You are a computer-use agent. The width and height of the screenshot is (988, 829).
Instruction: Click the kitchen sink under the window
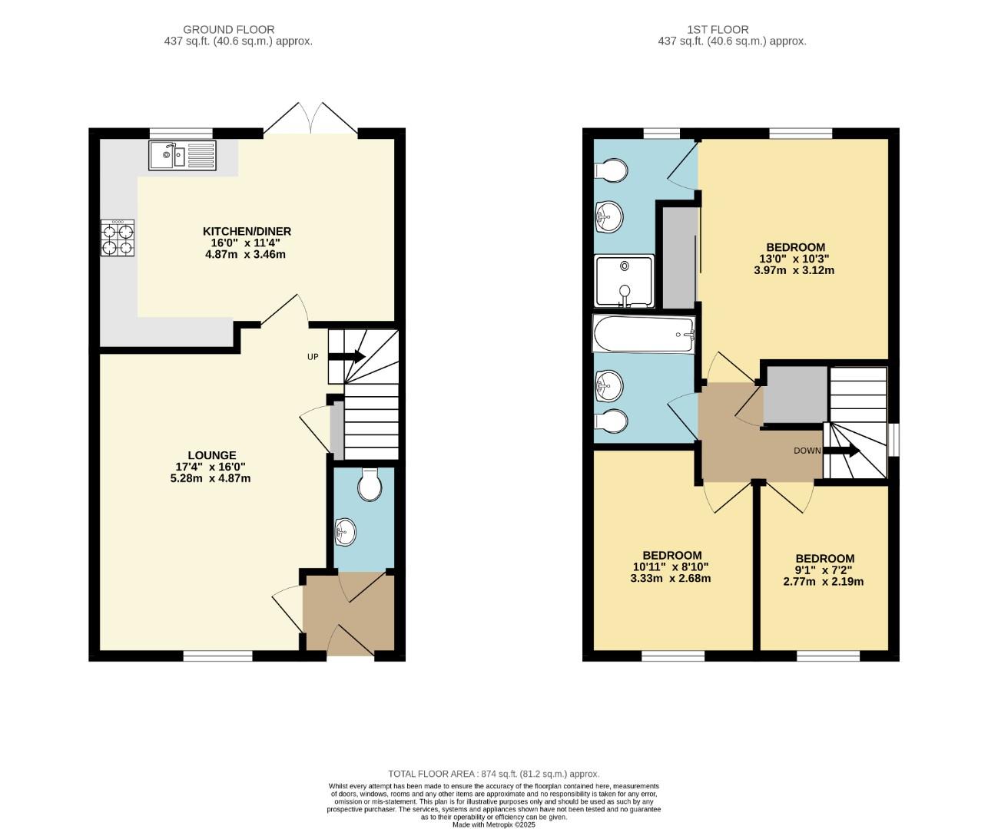[183, 156]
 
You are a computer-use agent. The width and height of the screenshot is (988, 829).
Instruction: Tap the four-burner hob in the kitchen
[118, 237]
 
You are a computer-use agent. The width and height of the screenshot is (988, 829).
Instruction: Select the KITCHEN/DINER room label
[247, 231]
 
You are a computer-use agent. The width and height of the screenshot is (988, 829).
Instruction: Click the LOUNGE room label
[213, 455]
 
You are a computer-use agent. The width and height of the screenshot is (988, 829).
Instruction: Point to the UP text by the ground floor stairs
[313, 357]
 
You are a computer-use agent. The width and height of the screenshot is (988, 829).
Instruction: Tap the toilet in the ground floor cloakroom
[370, 484]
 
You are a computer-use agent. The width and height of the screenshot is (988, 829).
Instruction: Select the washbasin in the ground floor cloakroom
[345, 530]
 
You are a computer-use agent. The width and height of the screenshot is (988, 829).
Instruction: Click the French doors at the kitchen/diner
[310, 120]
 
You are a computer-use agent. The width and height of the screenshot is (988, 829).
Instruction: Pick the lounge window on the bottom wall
[217, 656]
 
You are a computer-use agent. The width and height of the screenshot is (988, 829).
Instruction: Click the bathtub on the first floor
[644, 335]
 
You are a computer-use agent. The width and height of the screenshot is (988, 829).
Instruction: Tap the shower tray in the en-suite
[625, 280]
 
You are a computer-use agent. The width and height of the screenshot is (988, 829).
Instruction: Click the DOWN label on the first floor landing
[807, 451]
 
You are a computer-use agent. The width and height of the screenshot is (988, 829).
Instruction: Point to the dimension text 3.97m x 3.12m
[795, 270]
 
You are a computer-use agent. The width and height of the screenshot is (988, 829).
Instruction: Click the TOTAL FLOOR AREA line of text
[493, 774]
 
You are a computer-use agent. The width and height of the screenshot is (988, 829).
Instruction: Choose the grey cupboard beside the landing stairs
[794, 395]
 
